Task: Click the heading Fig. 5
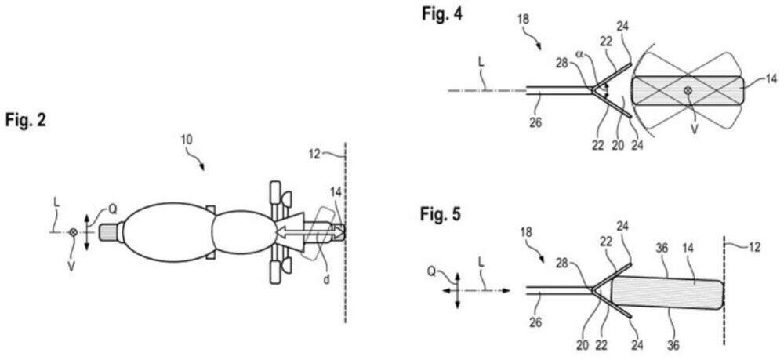tap(438, 213)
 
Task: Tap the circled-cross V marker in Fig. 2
tap(73, 233)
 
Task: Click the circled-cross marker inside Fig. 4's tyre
tap(688, 92)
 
